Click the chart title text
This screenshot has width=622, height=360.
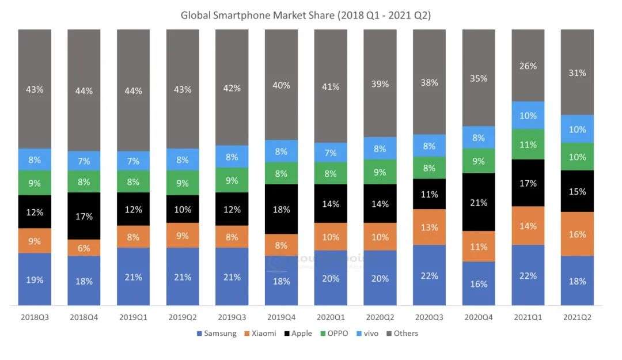[x=305, y=15]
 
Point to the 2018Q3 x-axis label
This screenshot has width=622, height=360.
[x=35, y=317]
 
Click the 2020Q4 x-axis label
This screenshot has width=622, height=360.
[x=479, y=317]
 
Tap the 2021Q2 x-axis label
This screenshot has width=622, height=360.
[x=577, y=317]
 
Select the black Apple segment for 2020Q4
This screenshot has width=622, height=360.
[x=479, y=202]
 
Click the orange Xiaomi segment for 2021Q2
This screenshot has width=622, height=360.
[x=577, y=234]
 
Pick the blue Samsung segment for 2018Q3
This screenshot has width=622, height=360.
[x=35, y=279]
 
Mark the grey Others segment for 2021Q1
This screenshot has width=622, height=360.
[x=528, y=65]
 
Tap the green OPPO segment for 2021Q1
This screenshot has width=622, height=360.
[x=528, y=144]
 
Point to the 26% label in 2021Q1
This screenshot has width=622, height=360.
[x=528, y=66]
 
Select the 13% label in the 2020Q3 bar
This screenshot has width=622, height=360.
[x=430, y=227]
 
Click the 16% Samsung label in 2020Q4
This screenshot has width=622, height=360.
[x=479, y=283]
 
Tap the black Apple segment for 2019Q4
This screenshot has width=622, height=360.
[x=281, y=209]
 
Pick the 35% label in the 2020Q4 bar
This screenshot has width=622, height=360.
[x=479, y=78]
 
